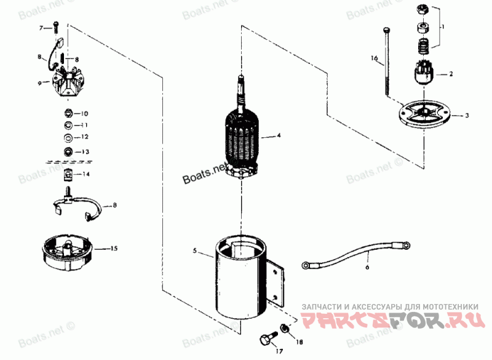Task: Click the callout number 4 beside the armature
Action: [279, 135]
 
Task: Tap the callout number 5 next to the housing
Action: [195, 252]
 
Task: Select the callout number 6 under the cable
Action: [367, 267]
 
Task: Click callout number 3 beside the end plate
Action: [467, 116]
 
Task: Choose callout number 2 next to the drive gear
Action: [451, 74]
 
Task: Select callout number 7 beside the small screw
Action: [42, 28]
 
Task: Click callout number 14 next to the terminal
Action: [87, 175]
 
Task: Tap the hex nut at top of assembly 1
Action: [422, 10]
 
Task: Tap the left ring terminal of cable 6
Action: [306, 266]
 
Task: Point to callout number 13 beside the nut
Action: [85, 152]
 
